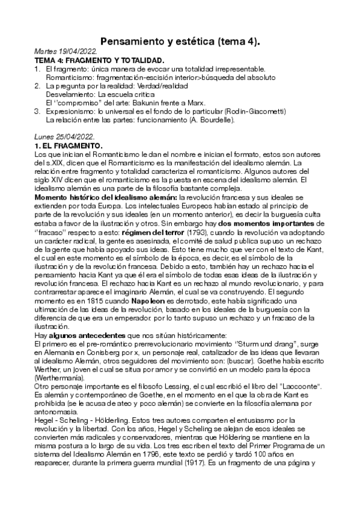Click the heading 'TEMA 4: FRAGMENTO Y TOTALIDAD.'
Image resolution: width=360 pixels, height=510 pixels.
coord(99,62)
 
